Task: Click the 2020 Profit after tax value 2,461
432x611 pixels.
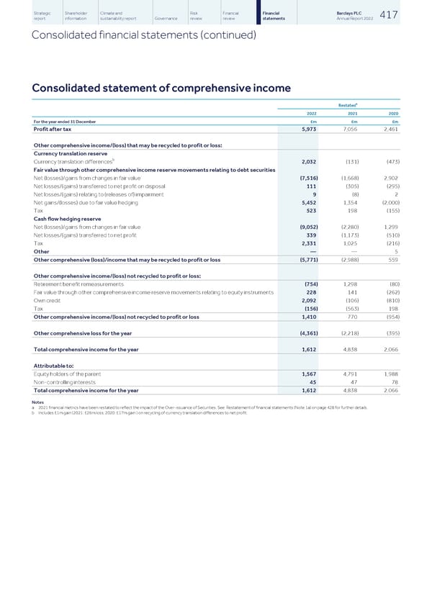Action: point(390,130)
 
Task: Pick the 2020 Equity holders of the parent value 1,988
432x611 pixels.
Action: point(390,374)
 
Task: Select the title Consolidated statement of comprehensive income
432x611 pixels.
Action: point(161,88)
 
